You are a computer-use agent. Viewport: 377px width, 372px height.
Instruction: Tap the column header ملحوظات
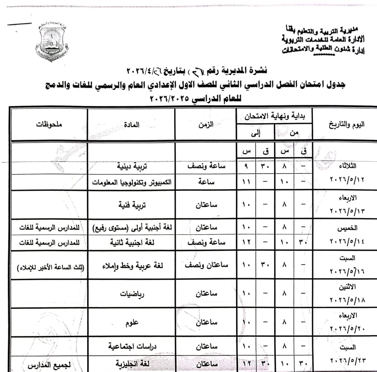(x=49, y=124)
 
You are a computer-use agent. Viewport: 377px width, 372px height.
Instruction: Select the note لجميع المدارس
(x=49, y=366)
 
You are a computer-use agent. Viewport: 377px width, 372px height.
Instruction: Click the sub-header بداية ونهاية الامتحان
(x=274, y=117)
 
